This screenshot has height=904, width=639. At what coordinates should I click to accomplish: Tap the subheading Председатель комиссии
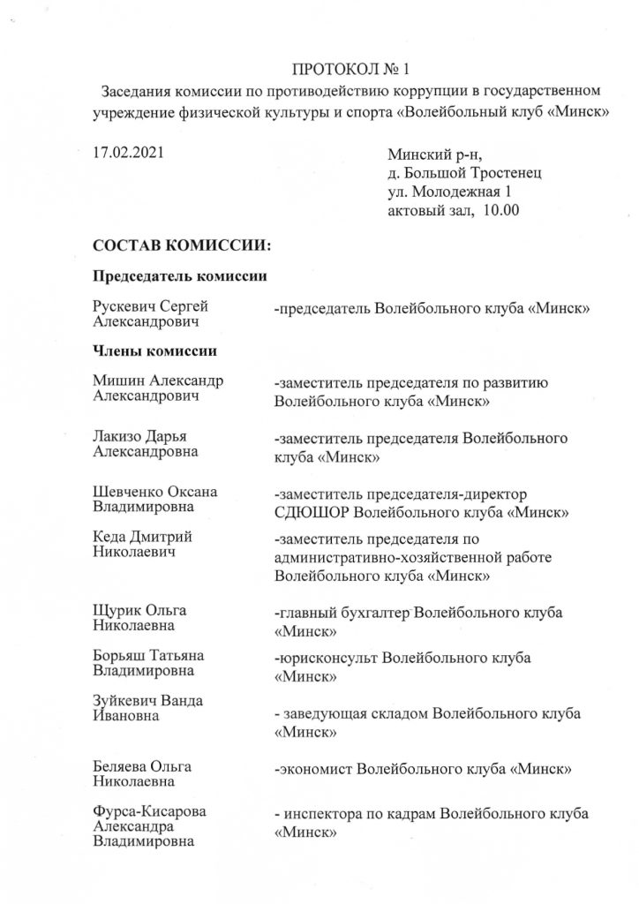pyautogui.click(x=181, y=275)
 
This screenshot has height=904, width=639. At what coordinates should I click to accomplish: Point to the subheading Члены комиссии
pyautogui.click(x=155, y=351)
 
